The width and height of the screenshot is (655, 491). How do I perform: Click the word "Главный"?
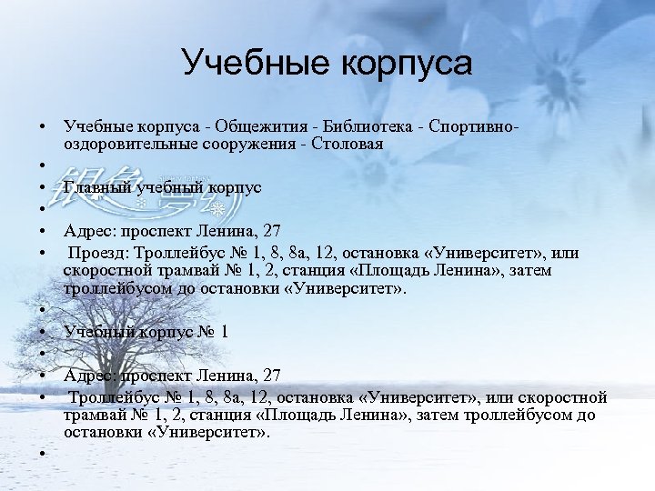click(x=96, y=187)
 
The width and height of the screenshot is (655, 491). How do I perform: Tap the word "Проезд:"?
click(x=97, y=253)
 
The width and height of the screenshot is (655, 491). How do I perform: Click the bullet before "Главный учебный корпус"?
click(x=43, y=188)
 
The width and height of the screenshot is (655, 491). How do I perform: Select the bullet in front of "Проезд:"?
click(x=43, y=254)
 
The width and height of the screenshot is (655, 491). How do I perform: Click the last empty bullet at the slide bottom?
click(x=43, y=454)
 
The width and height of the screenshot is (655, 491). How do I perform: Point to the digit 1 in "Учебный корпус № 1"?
click(x=223, y=332)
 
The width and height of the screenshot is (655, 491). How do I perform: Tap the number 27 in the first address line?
click(x=270, y=231)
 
